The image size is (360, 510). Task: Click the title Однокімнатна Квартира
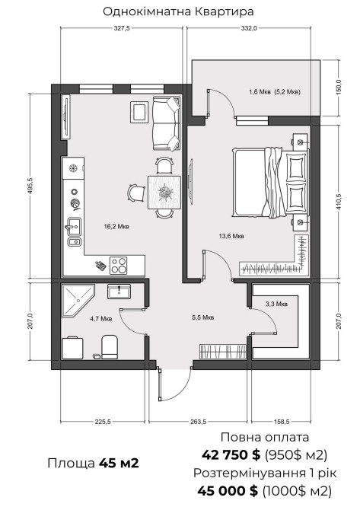(178, 11)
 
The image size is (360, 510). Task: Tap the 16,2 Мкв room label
(116, 226)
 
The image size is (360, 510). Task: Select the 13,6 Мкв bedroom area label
(231, 236)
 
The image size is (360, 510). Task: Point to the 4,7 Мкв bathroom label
(101, 319)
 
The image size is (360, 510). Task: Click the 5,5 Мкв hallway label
(203, 317)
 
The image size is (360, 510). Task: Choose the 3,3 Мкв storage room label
(276, 304)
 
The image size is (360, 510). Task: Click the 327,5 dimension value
(122, 28)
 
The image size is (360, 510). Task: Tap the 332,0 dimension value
(249, 28)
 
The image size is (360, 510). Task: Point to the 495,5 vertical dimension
(31, 186)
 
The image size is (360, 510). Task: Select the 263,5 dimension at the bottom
(198, 422)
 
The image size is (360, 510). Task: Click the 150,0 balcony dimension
(339, 88)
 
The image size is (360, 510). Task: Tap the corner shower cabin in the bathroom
(78, 300)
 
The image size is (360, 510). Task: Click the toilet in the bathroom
(110, 346)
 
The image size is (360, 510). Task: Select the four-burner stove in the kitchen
(118, 266)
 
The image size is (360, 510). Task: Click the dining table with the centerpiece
(164, 193)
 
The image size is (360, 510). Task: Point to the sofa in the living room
(166, 123)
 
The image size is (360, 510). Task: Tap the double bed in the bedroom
(269, 182)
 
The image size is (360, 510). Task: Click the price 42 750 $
(231, 454)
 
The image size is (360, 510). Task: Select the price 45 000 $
(228, 490)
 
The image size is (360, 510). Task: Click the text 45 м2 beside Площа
(119, 463)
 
